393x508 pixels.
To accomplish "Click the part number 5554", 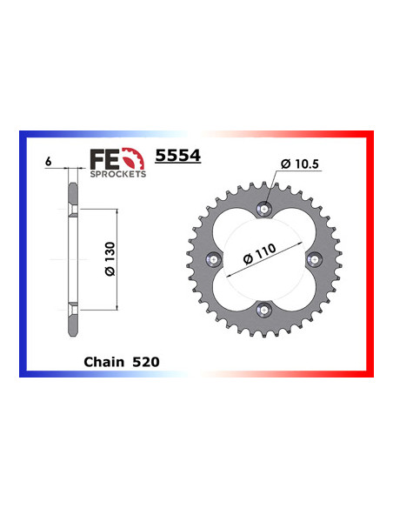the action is pyautogui.click(x=178, y=156).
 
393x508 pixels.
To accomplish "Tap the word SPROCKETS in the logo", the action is pyautogui.click(x=118, y=174).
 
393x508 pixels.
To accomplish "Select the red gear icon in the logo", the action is pyautogui.click(x=133, y=158).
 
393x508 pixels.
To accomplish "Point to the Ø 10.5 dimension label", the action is pyautogui.click(x=300, y=164).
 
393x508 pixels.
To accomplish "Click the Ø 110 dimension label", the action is pyautogui.click(x=260, y=254).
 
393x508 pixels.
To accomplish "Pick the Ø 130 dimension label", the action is pyautogui.click(x=110, y=259).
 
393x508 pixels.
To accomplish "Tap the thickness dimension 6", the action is pyautogui.click(x=48, y=161).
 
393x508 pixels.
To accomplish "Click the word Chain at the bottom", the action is pyautogui.click(x=103, y=362).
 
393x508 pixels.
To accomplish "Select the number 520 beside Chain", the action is pyautogui.click(x=146, y=362).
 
